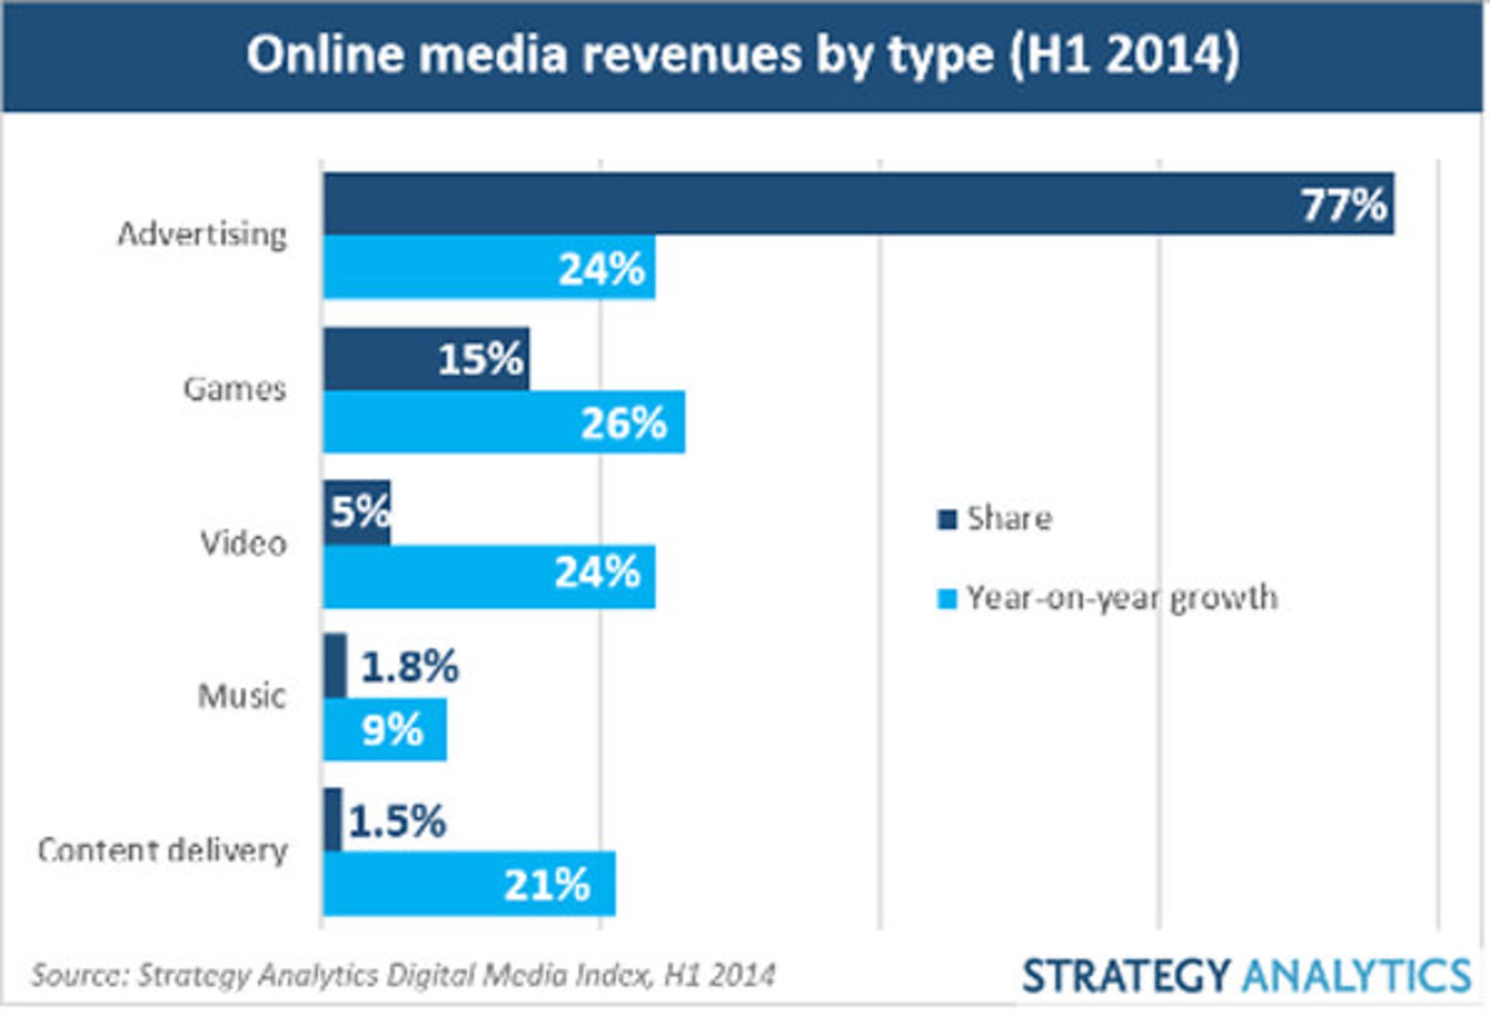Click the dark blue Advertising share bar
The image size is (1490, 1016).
click(776, 203)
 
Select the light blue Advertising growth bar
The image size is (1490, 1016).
click(435, 268)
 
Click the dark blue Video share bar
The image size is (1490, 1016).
click(357, 512)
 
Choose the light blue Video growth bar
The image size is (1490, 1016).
click(435, 577)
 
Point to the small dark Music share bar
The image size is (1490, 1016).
click(335, 666)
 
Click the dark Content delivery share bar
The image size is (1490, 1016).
click(333, 820)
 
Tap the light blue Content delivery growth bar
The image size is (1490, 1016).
click(411, 884)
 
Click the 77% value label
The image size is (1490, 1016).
click(1343, 205)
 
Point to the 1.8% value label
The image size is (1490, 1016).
click(410, 667)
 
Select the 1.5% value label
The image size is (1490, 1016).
click(397, 821)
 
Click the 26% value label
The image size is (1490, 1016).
click(623, 423)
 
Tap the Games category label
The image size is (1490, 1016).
click(234, 389)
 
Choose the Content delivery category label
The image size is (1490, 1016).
click(163, 850)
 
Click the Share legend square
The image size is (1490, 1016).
click(947, 519)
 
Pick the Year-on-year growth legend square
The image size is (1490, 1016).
click(947, 598)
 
